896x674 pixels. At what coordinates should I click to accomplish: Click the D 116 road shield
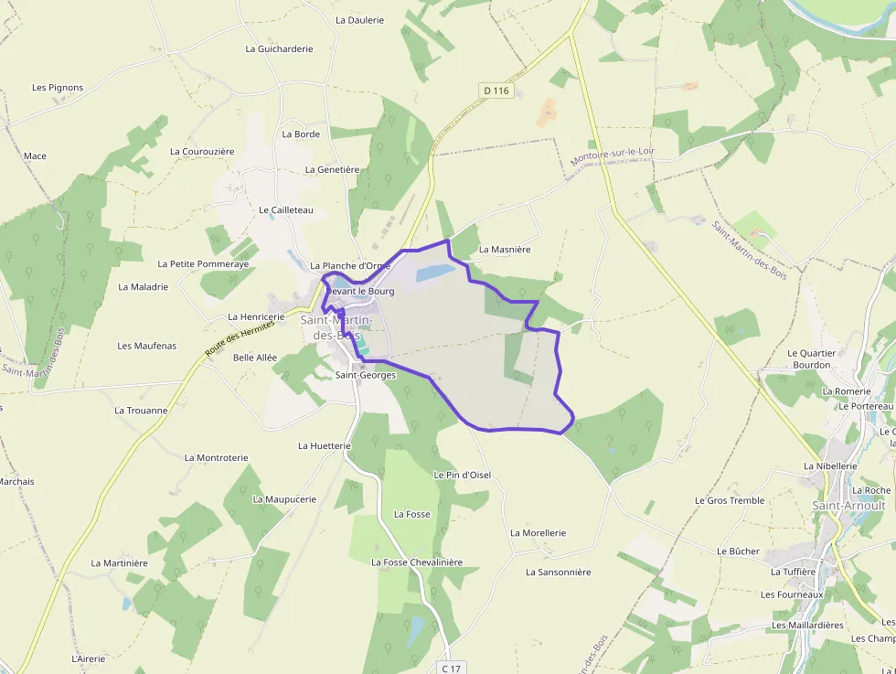[496, 91]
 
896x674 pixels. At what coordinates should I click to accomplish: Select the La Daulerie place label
[359, 19]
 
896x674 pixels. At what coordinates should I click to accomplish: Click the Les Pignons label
[58, 88]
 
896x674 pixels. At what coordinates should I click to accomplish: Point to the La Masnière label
[505, 249]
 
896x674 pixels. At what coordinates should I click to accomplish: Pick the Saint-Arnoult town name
[848, 505]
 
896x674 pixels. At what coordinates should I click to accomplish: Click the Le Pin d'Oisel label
[462, 475]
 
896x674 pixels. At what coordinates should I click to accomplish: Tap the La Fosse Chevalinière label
[417, 562]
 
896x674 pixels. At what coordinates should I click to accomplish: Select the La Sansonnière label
[558, 572]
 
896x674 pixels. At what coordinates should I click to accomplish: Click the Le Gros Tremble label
[730, 500]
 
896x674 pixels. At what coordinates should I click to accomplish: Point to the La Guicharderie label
[279, 48]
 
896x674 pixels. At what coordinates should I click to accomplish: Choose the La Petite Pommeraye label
[203, 263]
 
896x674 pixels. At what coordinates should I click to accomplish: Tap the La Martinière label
[119, 563]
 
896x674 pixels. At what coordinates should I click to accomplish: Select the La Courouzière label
[202, 151]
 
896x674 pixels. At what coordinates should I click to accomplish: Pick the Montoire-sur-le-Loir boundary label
[613, 156]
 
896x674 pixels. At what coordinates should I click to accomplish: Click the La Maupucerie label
[284, 499]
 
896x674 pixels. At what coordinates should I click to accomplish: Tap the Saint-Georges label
[365, 375]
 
